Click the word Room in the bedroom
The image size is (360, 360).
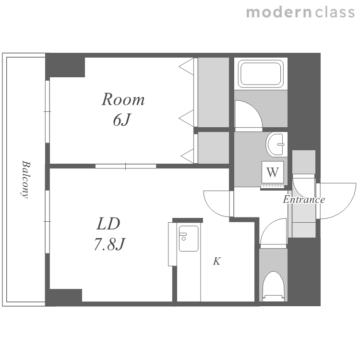pyautogui.click(x=123, y=99)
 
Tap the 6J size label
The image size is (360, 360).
pyautogui.click(x=122, y=120)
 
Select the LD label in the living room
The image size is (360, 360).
pyautogui.click(x=108, y=224)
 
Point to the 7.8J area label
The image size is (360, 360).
pyautogui.click(x=109, y=244)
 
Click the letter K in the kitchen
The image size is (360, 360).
pyautogui.click(x=217, y=261)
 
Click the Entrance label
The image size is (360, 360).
pyautogui.click(x=304, y=199)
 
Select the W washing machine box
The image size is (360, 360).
pyautogui.click(x=273, y=172)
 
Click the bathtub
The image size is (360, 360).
pyautogui.click(x=261, y=74)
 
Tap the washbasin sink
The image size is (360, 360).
pyautogui.click(x=276, y=144)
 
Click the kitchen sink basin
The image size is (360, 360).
pyautogui.click(x=189, y=239)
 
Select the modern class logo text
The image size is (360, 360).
pyautogui.click(x=300, y=12)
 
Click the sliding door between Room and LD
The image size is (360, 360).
pyautogui.click(x=126, y=166)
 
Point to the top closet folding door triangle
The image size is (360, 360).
pyautogui.click(x=186, y=67)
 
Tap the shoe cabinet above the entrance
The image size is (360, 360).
pyautogui.click(x=303, y=162)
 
